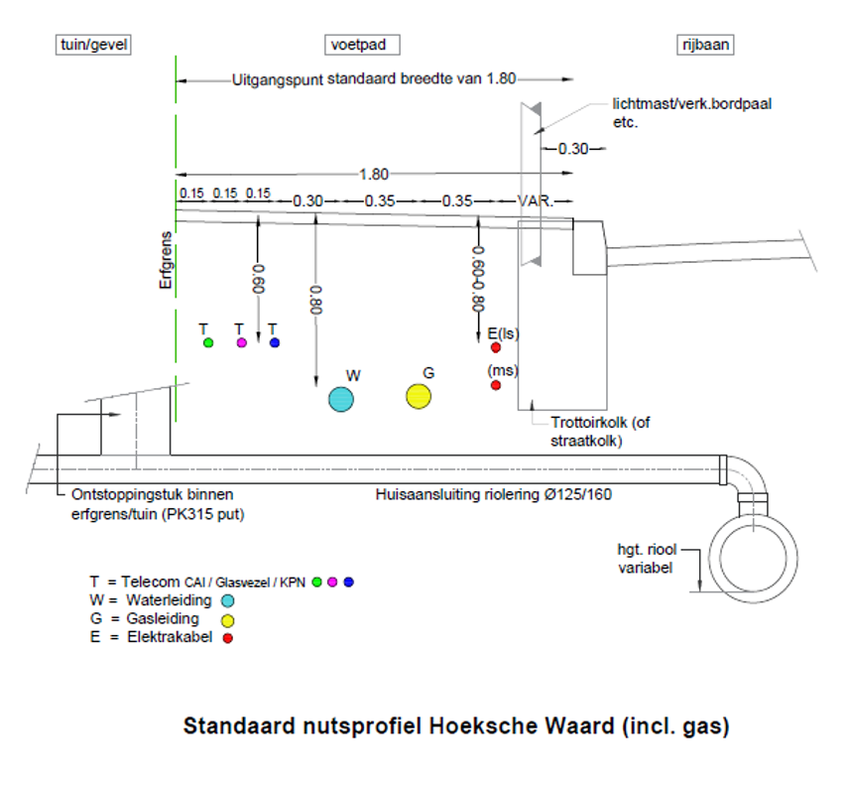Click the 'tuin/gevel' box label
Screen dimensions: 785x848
click(x=94, y=45)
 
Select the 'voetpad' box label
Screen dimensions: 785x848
click(x=363, y=45)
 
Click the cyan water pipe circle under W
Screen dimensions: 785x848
click(x=341, y=399)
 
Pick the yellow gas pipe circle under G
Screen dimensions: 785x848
click(x=419, y=396)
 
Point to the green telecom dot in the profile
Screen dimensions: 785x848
click(x=208, y=343)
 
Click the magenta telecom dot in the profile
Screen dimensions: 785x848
click(x=242, y=343)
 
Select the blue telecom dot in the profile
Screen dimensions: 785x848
click(x=275, y=343)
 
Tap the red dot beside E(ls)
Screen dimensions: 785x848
click(x=496, y=347)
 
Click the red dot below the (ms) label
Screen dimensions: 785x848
click(x=496, y=385)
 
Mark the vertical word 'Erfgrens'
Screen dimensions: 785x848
click(x=167, y=261)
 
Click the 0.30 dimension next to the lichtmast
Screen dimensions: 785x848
click(x=572, y=150)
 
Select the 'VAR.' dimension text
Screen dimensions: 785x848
click(x=536, y=200)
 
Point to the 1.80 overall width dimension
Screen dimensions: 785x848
click(x=374, y=175)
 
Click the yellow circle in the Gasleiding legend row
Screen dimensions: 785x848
click(x=227, y=619)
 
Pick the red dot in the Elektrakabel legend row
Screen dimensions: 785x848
click(x=227, y=638)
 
